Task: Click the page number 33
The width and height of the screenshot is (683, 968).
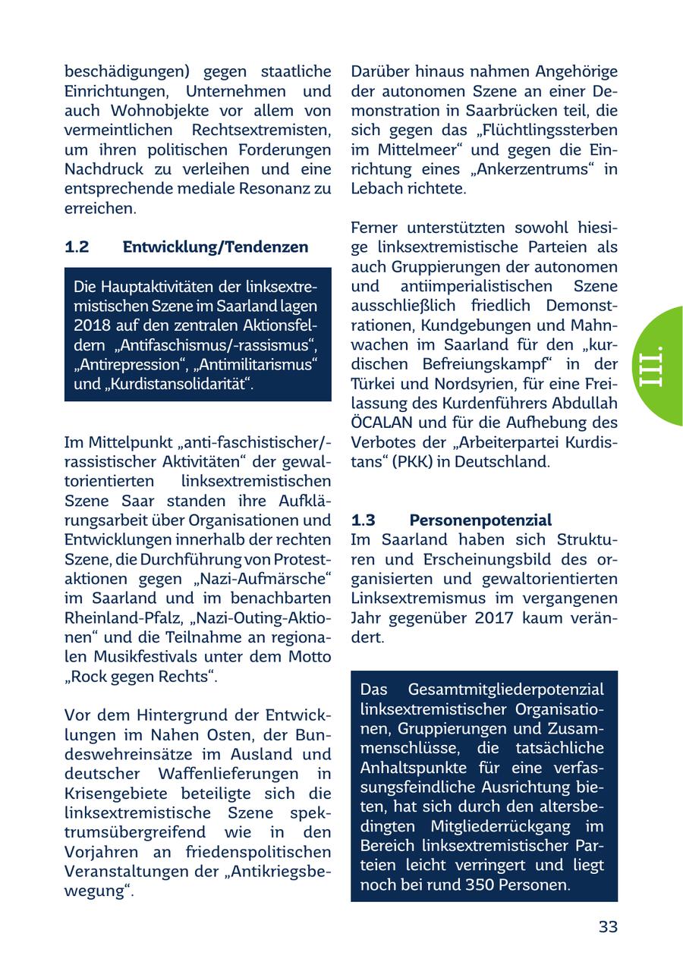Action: [x=608, y=926]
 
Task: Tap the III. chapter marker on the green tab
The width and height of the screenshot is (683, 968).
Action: [x=651, y=366]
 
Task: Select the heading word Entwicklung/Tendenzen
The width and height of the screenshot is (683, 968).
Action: [x=216, y=247]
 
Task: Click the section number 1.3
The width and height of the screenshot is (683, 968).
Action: [x=364, y=520]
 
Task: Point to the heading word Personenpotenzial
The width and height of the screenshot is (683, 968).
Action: [x=480, y=520]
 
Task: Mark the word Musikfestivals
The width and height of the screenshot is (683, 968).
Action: [x=134, y=657]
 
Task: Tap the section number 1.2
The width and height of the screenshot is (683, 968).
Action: [x=77, y=247]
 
